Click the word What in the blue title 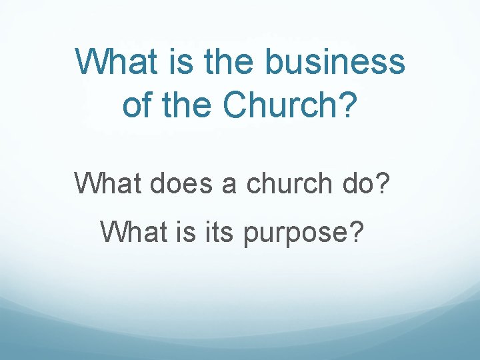coord(117,62)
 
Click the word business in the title coord(335,62)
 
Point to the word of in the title coord(137,105)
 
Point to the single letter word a coord(229,183)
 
